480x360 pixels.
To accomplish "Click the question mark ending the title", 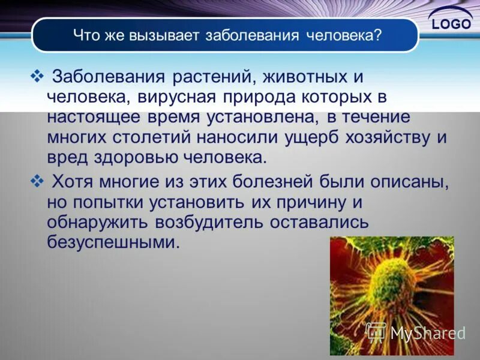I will click(x=377, y=35).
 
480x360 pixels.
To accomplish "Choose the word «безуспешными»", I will click(x=113, y=242).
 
